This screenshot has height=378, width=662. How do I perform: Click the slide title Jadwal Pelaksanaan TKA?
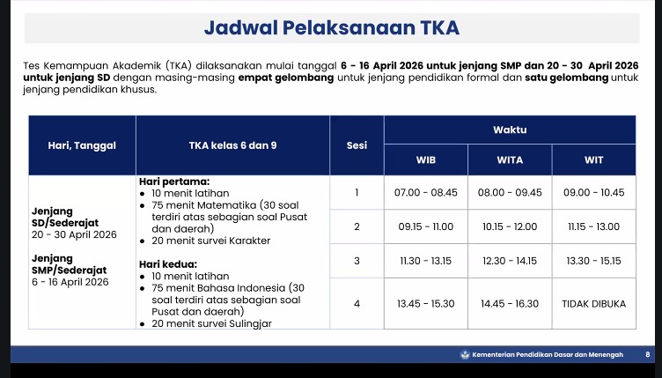(x=331, y=28)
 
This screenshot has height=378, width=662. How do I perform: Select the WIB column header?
(x=425, y=160)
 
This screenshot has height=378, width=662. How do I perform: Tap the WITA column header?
(x=510, y=160)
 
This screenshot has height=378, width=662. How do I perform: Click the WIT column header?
(x=593, y=160)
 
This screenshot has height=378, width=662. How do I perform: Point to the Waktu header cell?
(x=510, y=130)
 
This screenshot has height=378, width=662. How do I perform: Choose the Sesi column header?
(x=357, y=145)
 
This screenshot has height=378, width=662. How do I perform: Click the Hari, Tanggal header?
(x=82, y=145)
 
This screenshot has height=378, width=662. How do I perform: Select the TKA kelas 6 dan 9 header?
(x=232, y=145)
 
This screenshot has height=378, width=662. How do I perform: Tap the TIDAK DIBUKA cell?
(x=593, y=304)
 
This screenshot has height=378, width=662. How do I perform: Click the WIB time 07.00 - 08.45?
(x=425, y=193)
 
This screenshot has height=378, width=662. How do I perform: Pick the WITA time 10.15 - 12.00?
(x=510, y=226)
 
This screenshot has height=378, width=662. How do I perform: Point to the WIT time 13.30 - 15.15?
(x=593, y=261)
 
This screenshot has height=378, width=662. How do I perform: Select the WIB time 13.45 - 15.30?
(x=425, y=304)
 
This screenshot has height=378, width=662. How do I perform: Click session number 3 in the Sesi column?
(x=357, y=261)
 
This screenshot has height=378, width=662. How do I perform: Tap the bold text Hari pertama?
(x=174, y=182)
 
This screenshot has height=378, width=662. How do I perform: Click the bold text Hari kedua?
(x=168, y=264)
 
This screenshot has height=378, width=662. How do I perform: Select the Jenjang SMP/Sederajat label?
(x=70, y=264)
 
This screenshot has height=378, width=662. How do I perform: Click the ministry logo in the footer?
(x=465, y=354)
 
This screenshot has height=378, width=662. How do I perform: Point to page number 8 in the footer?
(x=648, y=355)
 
